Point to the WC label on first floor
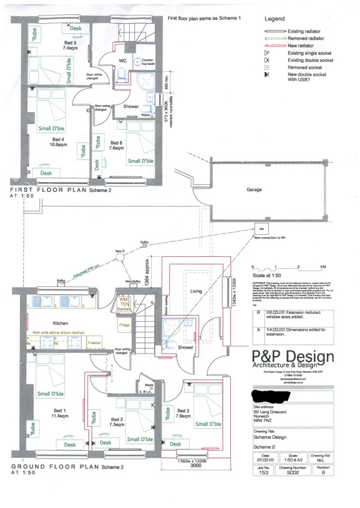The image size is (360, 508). tap(122, 61)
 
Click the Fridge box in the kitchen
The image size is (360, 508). tap(124, 326)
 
